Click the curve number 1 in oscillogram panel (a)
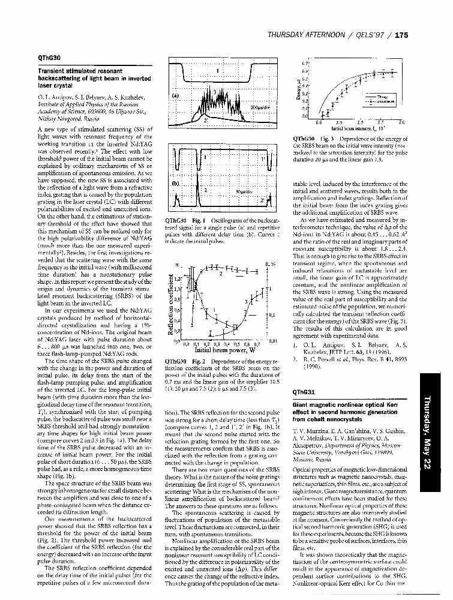(x=217, y=71)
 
